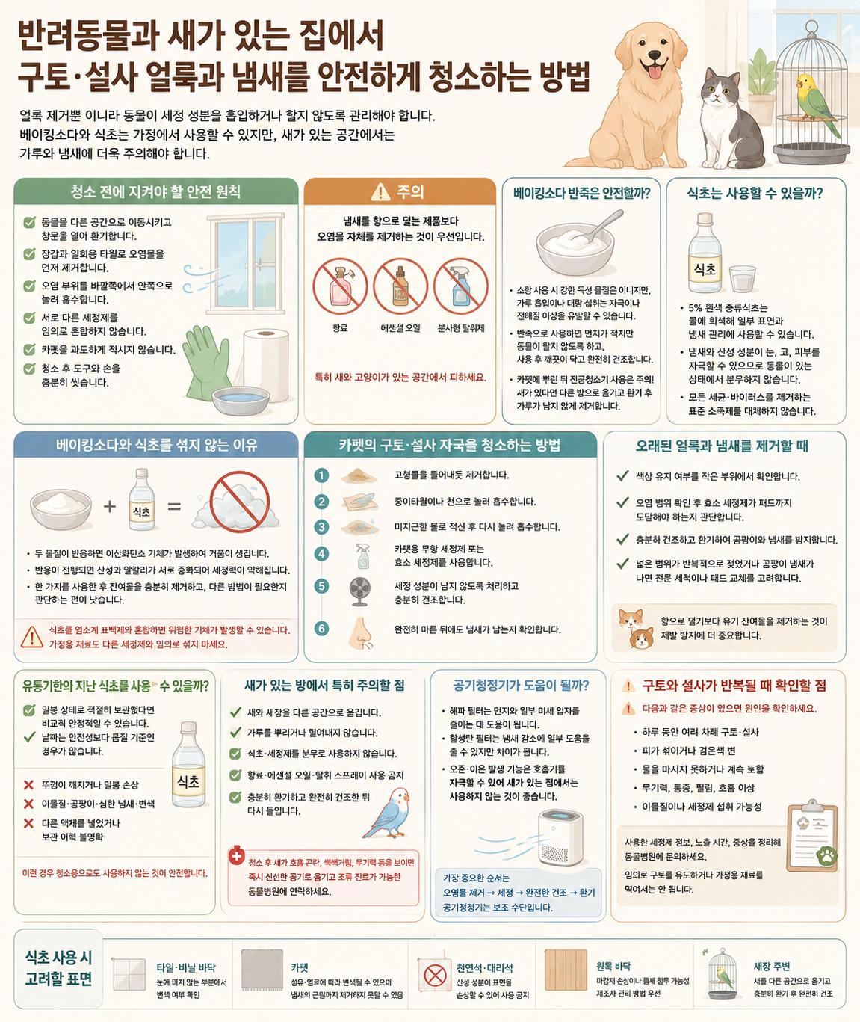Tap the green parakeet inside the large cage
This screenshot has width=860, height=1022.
coord(816,102)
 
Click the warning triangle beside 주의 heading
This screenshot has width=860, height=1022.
coord(380,192)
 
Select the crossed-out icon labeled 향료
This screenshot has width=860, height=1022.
coord(340,286)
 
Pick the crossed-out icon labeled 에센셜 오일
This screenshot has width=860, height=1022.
coord(400,286)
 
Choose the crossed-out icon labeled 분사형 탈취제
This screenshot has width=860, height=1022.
coord(461,286)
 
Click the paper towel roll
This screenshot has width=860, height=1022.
coord(266,365)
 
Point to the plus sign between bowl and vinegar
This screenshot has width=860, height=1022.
coord(110,506)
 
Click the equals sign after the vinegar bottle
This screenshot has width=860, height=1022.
coord(174,506)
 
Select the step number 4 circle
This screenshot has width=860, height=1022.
coord(321,554)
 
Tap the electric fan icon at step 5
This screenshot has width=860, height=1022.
coord(359,592)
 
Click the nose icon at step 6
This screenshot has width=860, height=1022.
coord(360,633)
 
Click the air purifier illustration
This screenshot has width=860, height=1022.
coord(560,837)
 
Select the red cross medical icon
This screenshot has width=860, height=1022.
coord(236,855)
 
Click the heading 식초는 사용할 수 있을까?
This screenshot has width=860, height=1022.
coord(755,194)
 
